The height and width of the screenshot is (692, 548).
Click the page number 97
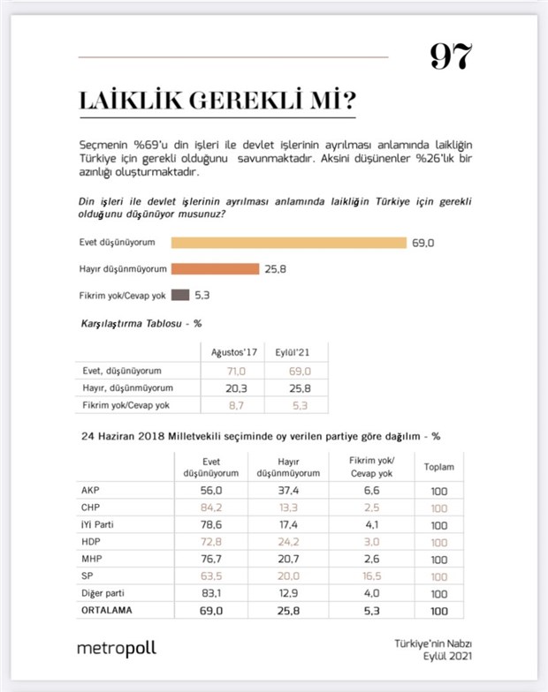[451, 56]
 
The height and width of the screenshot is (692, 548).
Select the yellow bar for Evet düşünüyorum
[288, 243]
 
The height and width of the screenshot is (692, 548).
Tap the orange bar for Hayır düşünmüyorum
[215, 268]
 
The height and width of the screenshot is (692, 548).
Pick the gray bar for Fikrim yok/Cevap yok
[179, 296]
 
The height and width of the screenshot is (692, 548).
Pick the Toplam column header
[439, 470]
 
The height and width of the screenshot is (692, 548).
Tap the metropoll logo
[116, 649]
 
